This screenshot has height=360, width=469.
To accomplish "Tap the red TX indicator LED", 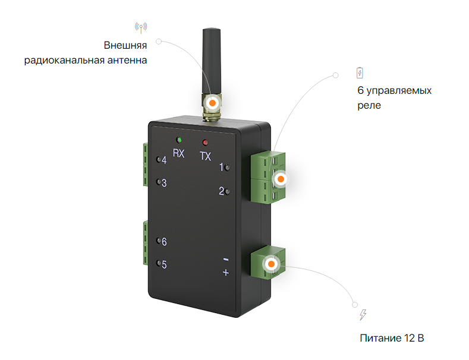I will coord(206,143).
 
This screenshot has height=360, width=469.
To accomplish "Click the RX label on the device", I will coord(179,153).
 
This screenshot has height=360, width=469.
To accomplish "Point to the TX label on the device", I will coord(206,157).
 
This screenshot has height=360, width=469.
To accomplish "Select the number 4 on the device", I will coord(164,160).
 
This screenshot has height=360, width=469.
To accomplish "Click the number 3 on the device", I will coord(164,183).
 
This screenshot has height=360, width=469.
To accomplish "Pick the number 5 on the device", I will coord(164,264).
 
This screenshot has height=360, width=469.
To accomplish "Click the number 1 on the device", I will coord(221,168).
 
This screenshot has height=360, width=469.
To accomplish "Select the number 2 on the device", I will coord(221,191).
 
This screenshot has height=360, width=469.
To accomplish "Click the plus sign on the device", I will coord(225,273).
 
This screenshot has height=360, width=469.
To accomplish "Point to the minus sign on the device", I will coord(225,260).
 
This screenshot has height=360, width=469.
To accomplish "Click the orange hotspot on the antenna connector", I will coord(212,102).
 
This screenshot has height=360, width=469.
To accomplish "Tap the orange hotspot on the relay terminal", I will coord(281,178).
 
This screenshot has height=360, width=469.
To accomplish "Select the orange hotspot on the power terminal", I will coord(271,264).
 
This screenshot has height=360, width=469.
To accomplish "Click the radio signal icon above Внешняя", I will coord(141,27).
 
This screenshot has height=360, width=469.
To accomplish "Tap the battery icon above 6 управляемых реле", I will coord(359,73).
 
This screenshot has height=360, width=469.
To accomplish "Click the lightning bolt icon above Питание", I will coord(363,315).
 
